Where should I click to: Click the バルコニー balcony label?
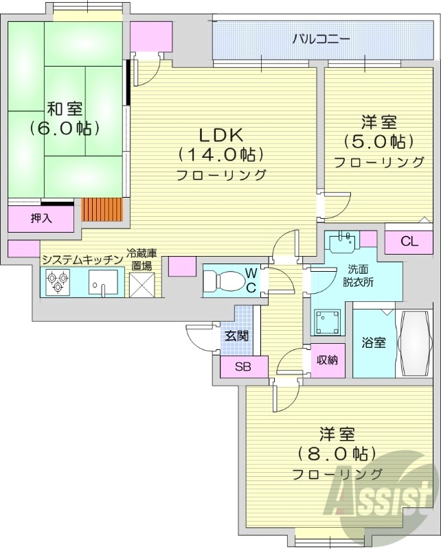tap(321, 38)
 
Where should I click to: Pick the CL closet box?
tap(409, 241)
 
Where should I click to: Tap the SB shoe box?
tap(243, 366)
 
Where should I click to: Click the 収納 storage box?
tap(327, 360)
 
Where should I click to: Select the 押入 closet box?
tap(41, 218)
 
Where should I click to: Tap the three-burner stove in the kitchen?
tap(57, 281)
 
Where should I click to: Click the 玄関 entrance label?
tap(236, 336)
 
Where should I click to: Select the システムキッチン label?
tap(81, 259)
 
